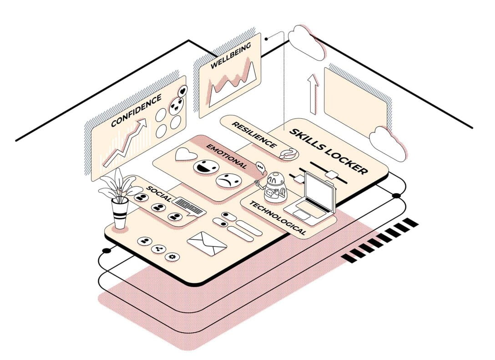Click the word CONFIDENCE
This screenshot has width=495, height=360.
pyautogui.click(x=136, y=110)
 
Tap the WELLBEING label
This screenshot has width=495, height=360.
pyautogui.click(x=231, y=55)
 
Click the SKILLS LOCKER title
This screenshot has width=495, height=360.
pyautogui.click(x=328, y=151)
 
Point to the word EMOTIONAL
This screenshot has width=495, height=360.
pyautogui.click(x=227, y=156)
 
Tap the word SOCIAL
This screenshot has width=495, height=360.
pyautogui.click(x=159, y=194)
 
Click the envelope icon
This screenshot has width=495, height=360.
pyautogui.click(x=207, y=243)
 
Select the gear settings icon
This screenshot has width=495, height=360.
pyautogui.click(x=172, y=257)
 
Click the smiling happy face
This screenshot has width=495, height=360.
pyautogui.click(x=206, y=167)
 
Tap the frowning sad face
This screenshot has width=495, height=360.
pyautogui.click(x=228, y=181)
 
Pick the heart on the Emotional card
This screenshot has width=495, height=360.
pyautogui.click(x=186, y=154)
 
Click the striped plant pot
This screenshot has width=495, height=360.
pyautogui.click(x=120, y=213)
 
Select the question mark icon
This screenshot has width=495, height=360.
pyautogui.click(x=288, y=154)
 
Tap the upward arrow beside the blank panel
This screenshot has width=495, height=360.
pyautogui.click(x=313, y=94)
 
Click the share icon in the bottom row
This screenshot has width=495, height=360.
pyautogui.click(x=158, y=249)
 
